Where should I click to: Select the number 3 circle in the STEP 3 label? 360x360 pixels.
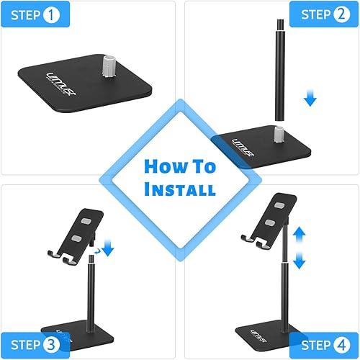(x=50, y=344)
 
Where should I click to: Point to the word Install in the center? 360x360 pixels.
(x=180, y=191)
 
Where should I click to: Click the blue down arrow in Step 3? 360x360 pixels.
(x=108, y=250)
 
